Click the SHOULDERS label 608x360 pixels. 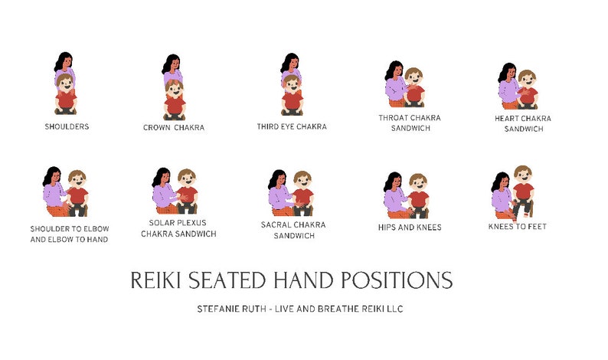[x=66, y=126]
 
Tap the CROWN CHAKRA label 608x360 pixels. [x=174, y=128]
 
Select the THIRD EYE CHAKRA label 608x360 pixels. [x=291, y=126]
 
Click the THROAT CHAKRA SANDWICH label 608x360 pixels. [x=410, y=123]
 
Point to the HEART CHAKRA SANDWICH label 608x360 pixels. [x=523, y=123]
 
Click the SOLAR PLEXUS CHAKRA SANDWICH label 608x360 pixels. [x=178, y=228]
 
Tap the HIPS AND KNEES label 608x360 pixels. [x=409, y=227]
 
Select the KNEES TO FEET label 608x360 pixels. [x=517, y=227]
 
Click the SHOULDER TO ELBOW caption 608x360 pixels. [x=69, y=229]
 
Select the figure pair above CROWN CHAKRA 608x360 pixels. [x=173, y=87]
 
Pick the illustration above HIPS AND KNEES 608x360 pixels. [x=407, y=195]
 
